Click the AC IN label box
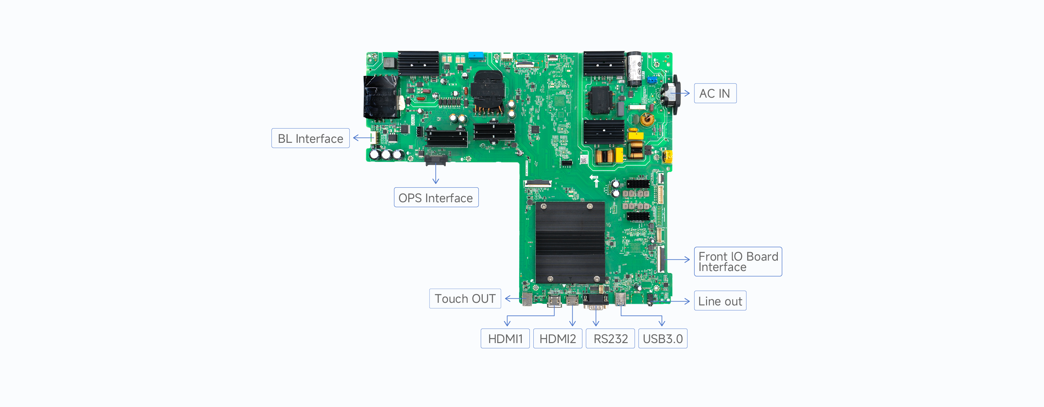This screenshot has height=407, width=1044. [x=715, y=94]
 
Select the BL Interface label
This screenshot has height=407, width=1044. [x=310, y=139]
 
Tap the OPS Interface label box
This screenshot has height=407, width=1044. [x=436, y=198]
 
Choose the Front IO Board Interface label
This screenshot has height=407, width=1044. [x=738, y=262]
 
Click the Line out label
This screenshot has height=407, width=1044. [x=720, y=301]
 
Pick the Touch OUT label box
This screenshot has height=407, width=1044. [x=465, y=299]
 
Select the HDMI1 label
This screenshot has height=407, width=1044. [x=505, y=339]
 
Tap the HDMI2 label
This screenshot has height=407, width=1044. [x=558, y=339]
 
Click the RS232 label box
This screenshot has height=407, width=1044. [x=610, y=339]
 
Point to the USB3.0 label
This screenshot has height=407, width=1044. [x=663, y=339]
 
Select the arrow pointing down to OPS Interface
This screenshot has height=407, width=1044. [x=436, y=174]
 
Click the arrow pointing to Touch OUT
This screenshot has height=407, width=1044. [x=514, y=299]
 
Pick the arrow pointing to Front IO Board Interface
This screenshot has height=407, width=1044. [x=677, y=259]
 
